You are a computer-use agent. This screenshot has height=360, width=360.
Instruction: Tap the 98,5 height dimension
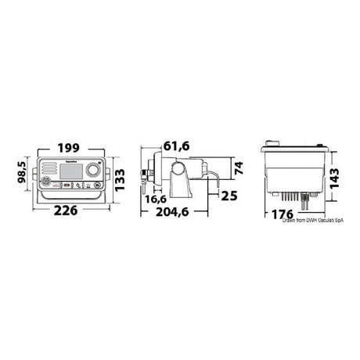coord(27,171)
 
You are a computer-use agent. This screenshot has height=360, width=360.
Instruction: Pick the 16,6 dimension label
coord(154,200)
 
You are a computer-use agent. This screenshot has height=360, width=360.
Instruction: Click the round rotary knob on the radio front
coord(92,171)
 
